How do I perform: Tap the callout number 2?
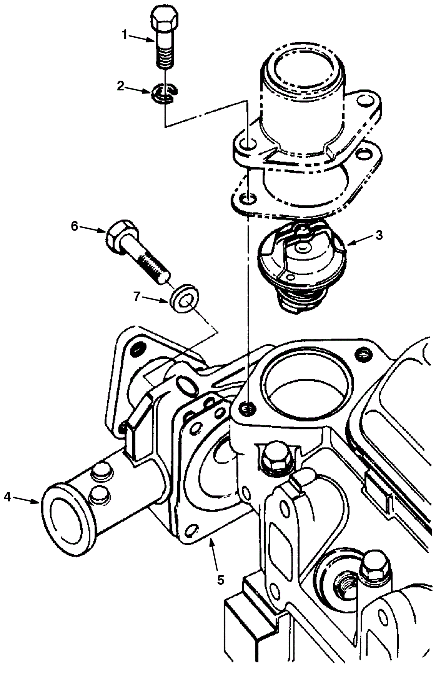pos(121,86)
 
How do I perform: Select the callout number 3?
pos(379,235)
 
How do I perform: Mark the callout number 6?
pos(74,226)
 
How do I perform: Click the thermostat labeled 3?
pos(302,265)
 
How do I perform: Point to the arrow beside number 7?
pos(155,299)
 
